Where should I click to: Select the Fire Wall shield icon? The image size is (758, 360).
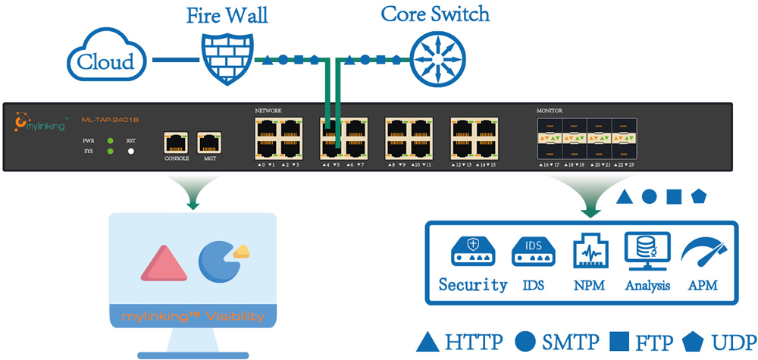click(x=227, y=58)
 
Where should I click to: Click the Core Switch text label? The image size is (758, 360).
click(x=435, y=14)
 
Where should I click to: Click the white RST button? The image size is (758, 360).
click(x=130, y=152)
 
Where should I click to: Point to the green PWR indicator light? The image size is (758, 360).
click(x=111, y=141)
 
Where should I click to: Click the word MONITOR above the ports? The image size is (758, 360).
click(x=549, y=111)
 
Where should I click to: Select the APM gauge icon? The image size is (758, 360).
click(x=703, y=253)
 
